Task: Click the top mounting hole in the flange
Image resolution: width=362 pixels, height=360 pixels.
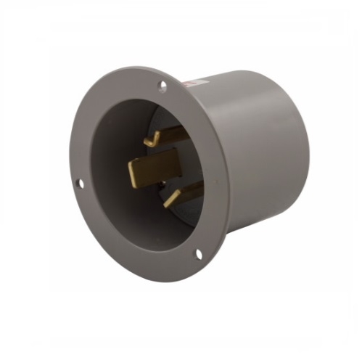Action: tap(163, 86)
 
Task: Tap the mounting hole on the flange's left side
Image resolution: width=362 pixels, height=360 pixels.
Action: tap(80, 184)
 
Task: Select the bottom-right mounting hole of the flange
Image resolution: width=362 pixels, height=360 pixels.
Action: tap(198, 253)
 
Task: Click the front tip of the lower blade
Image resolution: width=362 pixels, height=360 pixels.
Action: tap(168, 202)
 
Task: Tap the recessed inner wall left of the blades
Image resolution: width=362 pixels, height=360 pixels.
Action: tap(109, 174)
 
